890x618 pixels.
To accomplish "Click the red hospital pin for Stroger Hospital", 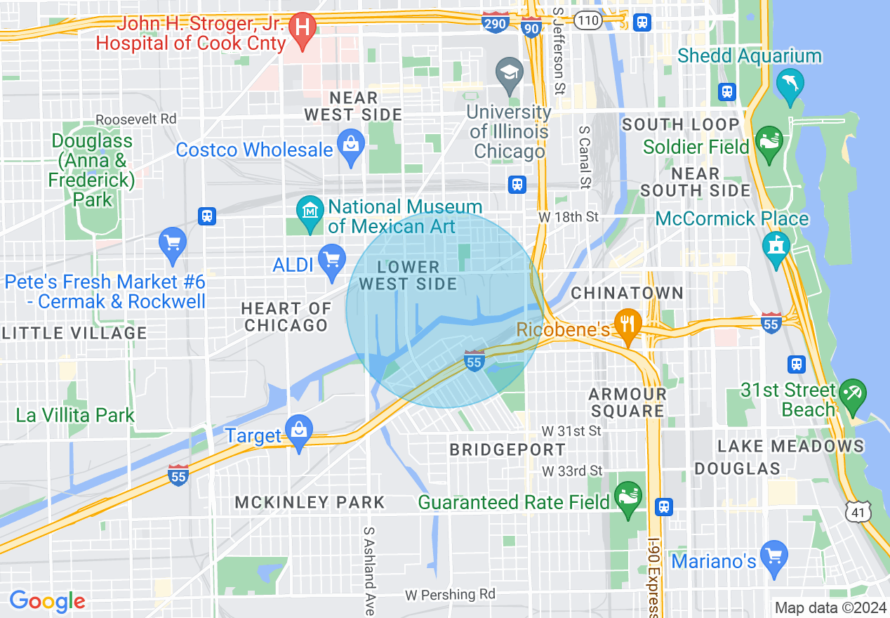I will (x=303, y=29).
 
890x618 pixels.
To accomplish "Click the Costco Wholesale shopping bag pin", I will (x=350, y=146).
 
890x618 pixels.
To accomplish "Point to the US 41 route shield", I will (x=859, y=513).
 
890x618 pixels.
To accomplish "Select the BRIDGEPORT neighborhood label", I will (x=507, y=449).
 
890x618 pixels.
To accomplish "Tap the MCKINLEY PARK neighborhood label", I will (x=310, y=502).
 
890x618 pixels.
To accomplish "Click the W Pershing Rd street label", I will (x=450, y=595).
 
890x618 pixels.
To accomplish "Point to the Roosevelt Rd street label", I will (x=136, y=119).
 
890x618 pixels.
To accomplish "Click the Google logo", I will (x=47, y=601).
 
